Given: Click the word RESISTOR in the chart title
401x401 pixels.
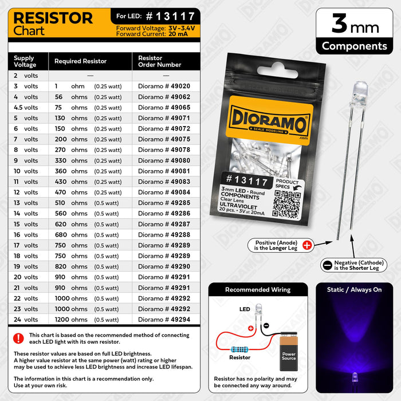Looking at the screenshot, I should click(x=53, y=18).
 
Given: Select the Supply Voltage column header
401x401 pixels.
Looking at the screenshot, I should click(x=24, y=61).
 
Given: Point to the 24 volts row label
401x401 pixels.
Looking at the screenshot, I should click(x=26, y=320).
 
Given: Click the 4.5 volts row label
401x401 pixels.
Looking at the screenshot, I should click(x=26, y=107).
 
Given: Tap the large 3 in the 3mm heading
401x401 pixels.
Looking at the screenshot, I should click(x=339, y=25).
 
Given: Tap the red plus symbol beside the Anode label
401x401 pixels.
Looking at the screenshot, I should click(x=307, y=245).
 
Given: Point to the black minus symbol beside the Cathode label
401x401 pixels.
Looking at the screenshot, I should click(x=327, y=265).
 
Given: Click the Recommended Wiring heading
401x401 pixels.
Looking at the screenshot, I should click(x=258, y=290).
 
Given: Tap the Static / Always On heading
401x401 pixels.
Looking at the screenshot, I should click(x=354, y=290).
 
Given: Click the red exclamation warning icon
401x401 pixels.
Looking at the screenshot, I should click(x=18, y=338).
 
